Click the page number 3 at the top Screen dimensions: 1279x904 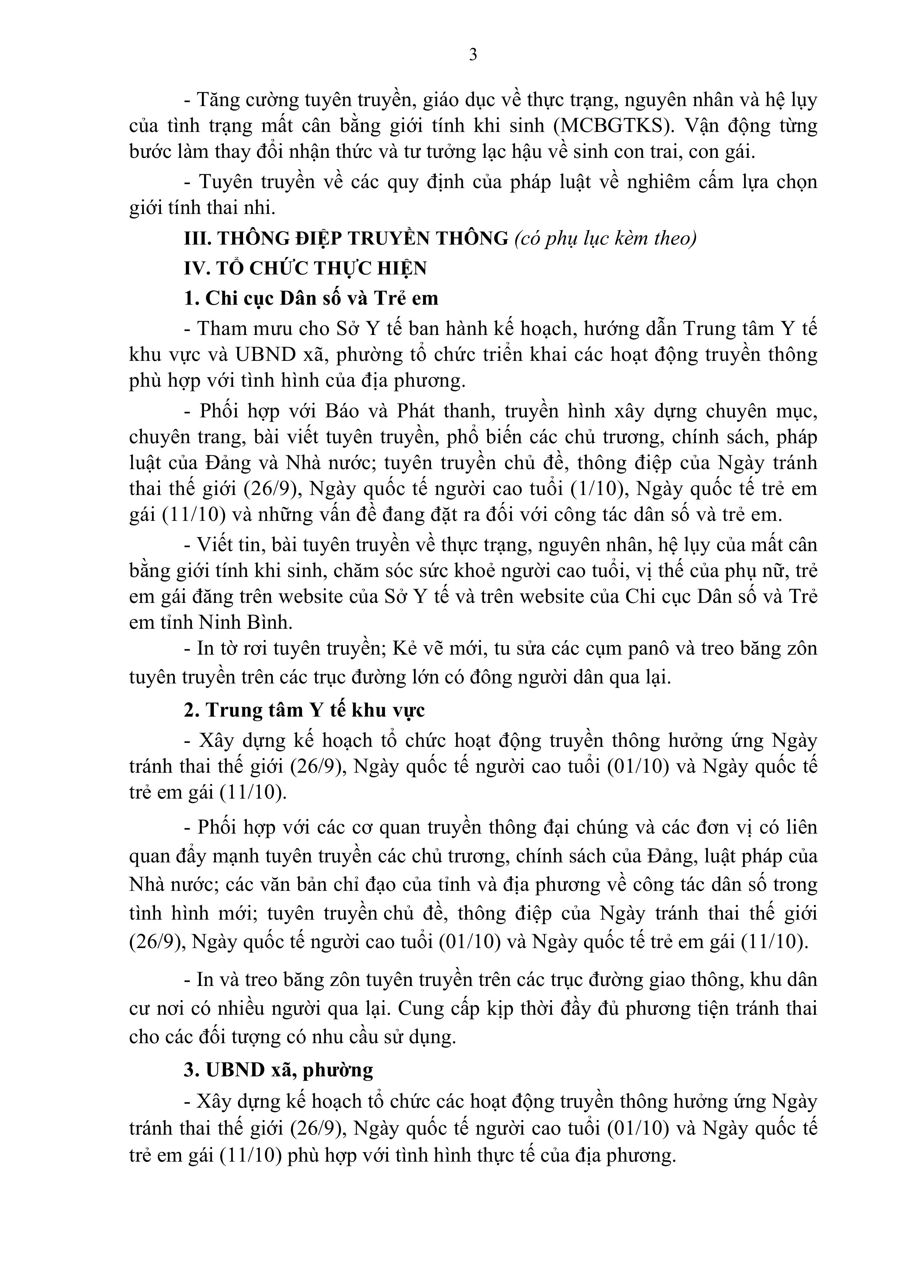pyautogui.click(x=473, y=55)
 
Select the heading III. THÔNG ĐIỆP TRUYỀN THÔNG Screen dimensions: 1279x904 pyautogui.click(x=346, y=238)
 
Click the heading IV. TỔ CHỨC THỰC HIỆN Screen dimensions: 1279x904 pyautogui.click(x=305, y=269)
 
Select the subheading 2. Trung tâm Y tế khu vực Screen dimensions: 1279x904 pyautogui.click(x=305, y=710)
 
